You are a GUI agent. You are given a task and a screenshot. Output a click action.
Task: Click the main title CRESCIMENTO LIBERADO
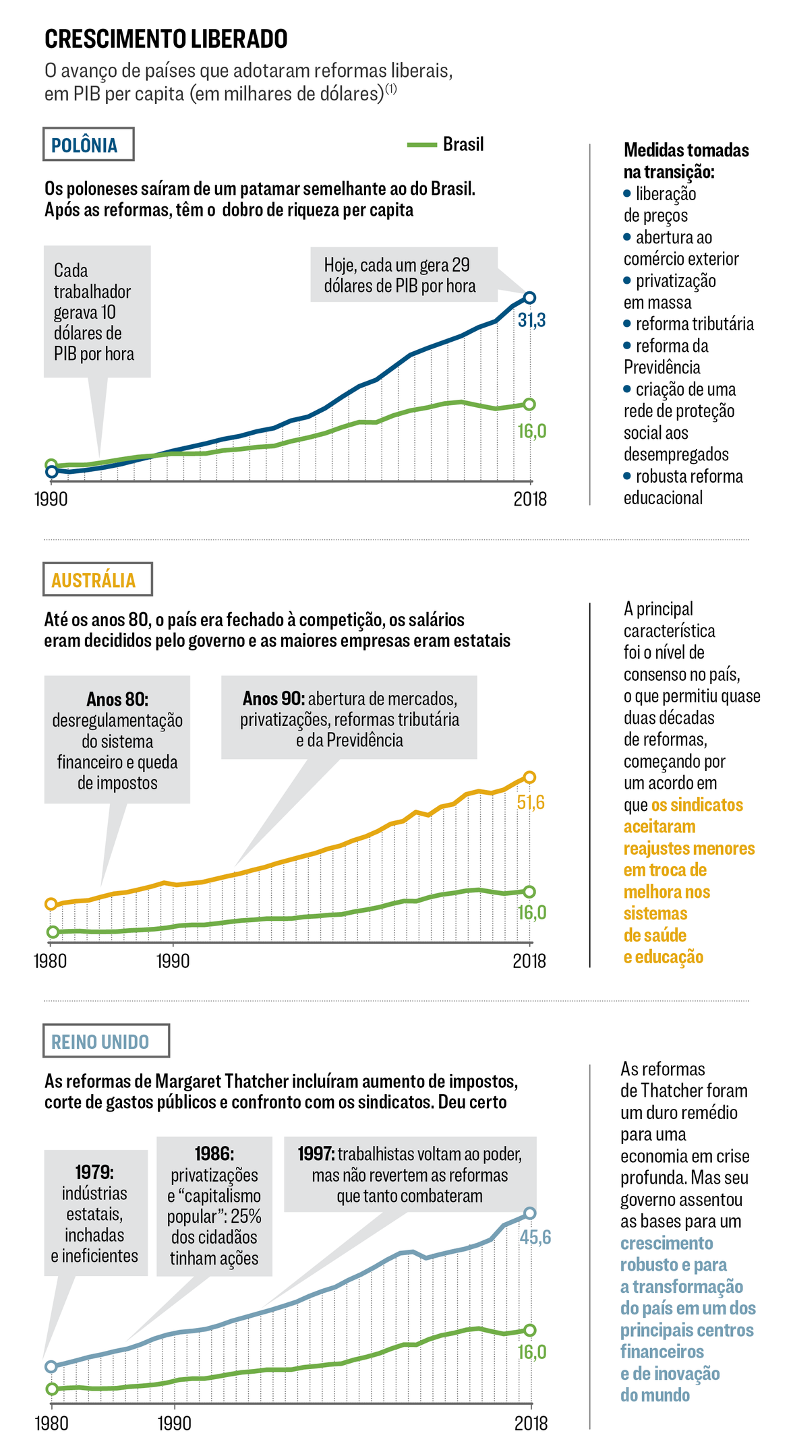166,39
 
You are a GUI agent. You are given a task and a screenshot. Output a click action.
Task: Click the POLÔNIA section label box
88,144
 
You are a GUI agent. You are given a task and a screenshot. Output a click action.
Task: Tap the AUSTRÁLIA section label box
97,579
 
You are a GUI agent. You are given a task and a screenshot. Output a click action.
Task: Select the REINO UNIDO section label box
106,1041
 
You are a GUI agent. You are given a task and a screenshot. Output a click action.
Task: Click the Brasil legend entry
446,144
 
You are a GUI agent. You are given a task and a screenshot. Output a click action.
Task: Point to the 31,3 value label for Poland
531,320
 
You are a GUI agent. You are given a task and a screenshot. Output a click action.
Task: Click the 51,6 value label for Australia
531,802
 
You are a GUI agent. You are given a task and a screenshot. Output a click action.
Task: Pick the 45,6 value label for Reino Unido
535,1237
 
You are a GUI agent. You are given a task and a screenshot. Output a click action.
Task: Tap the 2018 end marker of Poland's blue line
529,297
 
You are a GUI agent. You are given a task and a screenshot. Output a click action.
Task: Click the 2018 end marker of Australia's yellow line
529,777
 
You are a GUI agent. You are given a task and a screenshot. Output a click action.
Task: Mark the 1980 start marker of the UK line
51,1366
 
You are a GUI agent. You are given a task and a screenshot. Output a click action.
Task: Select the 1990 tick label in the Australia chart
173,961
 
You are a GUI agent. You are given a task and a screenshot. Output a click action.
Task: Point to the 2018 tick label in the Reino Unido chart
531,1423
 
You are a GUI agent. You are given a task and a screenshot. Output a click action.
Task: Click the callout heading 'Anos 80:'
117,699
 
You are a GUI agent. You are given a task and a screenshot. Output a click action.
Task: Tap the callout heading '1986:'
214,1153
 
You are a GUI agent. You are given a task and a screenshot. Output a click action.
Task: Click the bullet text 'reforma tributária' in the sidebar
695,324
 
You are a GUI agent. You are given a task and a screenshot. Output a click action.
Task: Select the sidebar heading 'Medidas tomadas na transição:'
686,160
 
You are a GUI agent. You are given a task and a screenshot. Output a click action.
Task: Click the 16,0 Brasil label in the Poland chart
531,431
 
